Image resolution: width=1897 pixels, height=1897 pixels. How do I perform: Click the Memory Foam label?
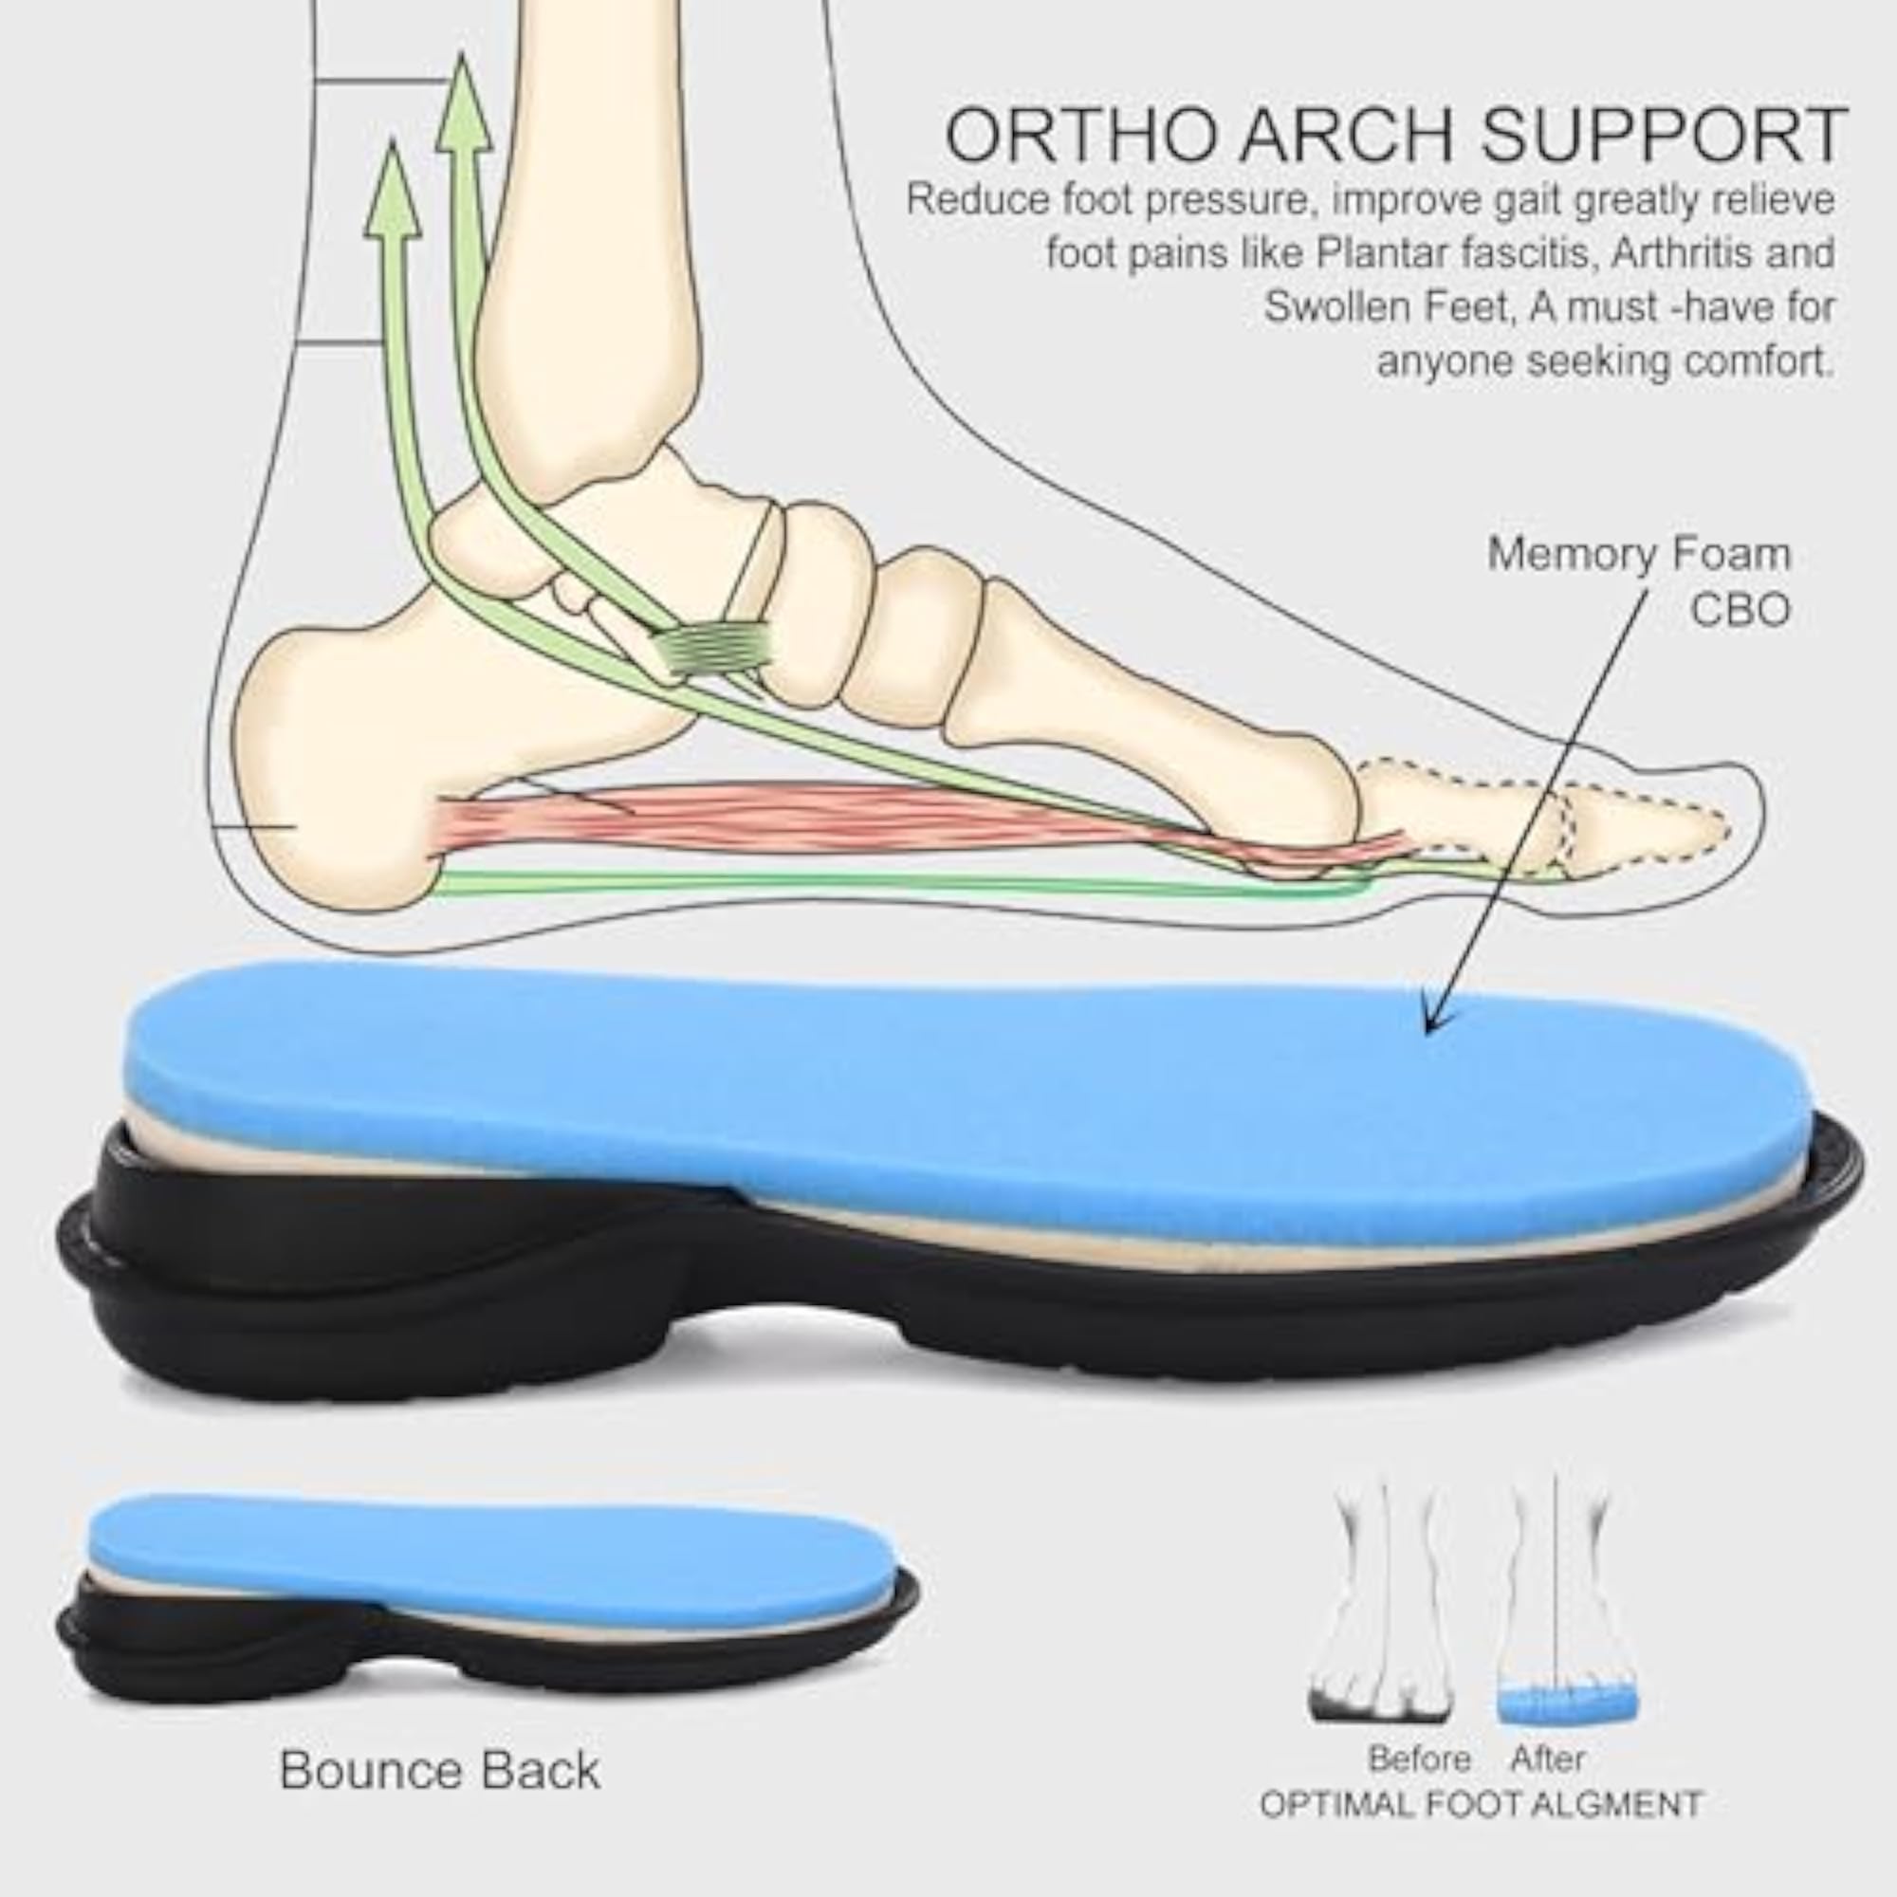1639,554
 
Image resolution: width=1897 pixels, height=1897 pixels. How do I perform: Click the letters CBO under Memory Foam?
1740,609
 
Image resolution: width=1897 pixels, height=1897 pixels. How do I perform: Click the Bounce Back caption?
440,1768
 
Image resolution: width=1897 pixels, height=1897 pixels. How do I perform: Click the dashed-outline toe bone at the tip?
1649,830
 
